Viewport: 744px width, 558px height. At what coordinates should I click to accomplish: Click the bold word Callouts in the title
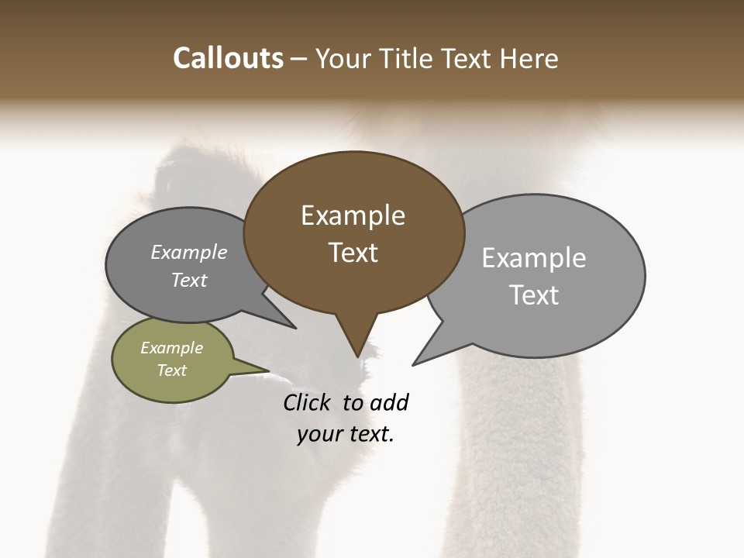(x=228, y=58)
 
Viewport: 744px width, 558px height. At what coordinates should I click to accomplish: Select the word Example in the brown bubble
(x=353, y=215)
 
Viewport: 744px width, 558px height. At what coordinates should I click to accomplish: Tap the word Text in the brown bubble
(x=353, y=253)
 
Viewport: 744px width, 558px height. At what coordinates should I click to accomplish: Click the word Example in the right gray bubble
(x=533, y=258)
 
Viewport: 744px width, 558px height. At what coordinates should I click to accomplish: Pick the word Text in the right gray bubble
(x=534, y=295)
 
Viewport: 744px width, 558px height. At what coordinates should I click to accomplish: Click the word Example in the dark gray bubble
(x=189, y=252)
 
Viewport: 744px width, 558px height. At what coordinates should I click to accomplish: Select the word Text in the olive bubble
(x=171, y=370)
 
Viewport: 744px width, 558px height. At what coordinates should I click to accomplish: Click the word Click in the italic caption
(x=307, y=402)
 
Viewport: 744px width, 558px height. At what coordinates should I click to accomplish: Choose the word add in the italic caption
(x=388, y=402)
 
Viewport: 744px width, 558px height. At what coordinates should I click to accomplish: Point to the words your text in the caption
(x=345, y=435)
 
